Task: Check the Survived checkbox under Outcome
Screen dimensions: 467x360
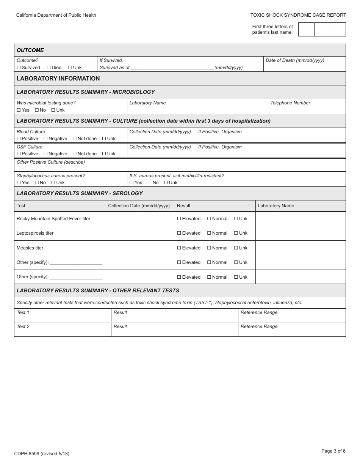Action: (x=19, y=68)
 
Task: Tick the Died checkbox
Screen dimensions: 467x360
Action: (x=49, y=68)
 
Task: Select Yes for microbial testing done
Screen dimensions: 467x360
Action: (x=19, y=110)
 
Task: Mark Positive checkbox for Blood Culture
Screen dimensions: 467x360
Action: (x=19, y=139)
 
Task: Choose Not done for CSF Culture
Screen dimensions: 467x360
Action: (x=75, y=154)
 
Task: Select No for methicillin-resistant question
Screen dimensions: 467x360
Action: (x=150, y=183)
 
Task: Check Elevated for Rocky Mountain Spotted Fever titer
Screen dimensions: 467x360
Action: (x=179, y=219)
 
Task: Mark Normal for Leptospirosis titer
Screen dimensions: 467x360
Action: (x=209, y=233)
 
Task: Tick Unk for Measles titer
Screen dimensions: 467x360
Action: (x=236, y=248)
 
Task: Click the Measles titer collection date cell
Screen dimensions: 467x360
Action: (x=140, y=248)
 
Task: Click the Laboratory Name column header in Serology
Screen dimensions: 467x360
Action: (x=276, y=206)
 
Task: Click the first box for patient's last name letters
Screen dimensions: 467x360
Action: (x=306, y=29)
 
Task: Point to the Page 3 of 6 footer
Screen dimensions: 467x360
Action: (x=333, y=451)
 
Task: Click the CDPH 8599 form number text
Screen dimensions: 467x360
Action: (x=42, y=453)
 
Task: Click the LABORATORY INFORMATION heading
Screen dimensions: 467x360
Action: (x=58, y=79)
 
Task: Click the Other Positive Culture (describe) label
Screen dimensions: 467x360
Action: (x=51, y=162)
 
